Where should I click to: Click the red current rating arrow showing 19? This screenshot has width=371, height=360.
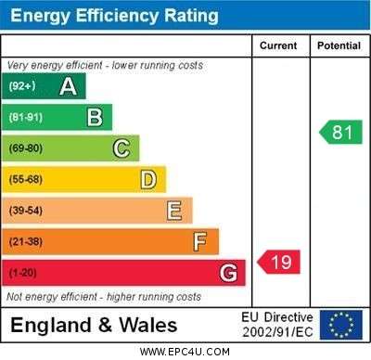(279, 262)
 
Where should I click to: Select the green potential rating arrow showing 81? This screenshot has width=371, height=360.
(340, 132)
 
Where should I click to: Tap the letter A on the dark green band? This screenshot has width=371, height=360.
(68, 86)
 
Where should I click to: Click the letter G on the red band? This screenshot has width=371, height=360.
(228, 273)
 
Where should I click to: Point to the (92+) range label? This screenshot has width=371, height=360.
(22, 85)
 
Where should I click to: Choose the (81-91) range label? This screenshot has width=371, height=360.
(26, 117)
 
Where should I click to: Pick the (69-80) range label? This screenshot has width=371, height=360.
(26, 148)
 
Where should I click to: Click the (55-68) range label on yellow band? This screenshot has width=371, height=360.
(26, 179)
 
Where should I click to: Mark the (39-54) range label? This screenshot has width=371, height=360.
(26, 211)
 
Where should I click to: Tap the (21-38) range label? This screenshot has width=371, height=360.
(26, 241)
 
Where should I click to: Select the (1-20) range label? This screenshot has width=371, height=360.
(22, 273)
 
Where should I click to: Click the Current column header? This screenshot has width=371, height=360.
(278, 45)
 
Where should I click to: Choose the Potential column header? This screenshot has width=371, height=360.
(339, 45)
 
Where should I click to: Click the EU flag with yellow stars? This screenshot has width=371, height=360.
(341, 325)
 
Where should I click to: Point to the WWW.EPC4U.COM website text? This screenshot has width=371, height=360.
(185, 352)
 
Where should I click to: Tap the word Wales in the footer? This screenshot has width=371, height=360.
(148, 326)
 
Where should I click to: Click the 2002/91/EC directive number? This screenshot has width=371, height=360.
(277, 332)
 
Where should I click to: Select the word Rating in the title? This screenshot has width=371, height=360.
(191, 16)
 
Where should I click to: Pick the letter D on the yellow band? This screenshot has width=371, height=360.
(148, 180)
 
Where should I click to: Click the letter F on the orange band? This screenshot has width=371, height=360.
(200, 241)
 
